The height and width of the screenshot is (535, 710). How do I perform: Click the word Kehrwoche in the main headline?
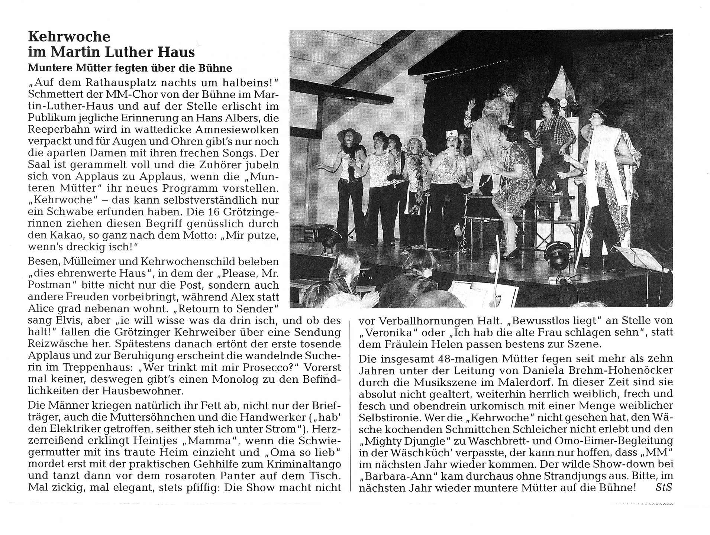tap(69, 36)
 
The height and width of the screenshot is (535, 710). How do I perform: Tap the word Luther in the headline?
tap(128, 52)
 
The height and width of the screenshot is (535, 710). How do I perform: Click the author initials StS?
tap(664, 487)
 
